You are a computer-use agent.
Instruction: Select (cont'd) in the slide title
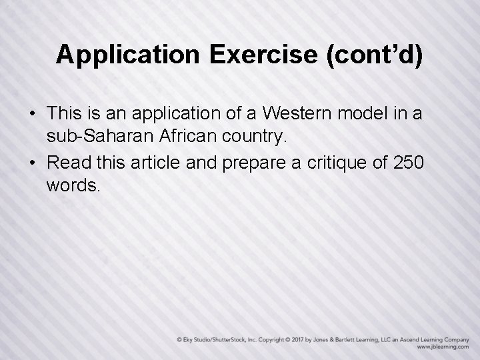click(x=374, y=55)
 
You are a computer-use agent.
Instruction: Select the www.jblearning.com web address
click(x=444, y=347)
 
